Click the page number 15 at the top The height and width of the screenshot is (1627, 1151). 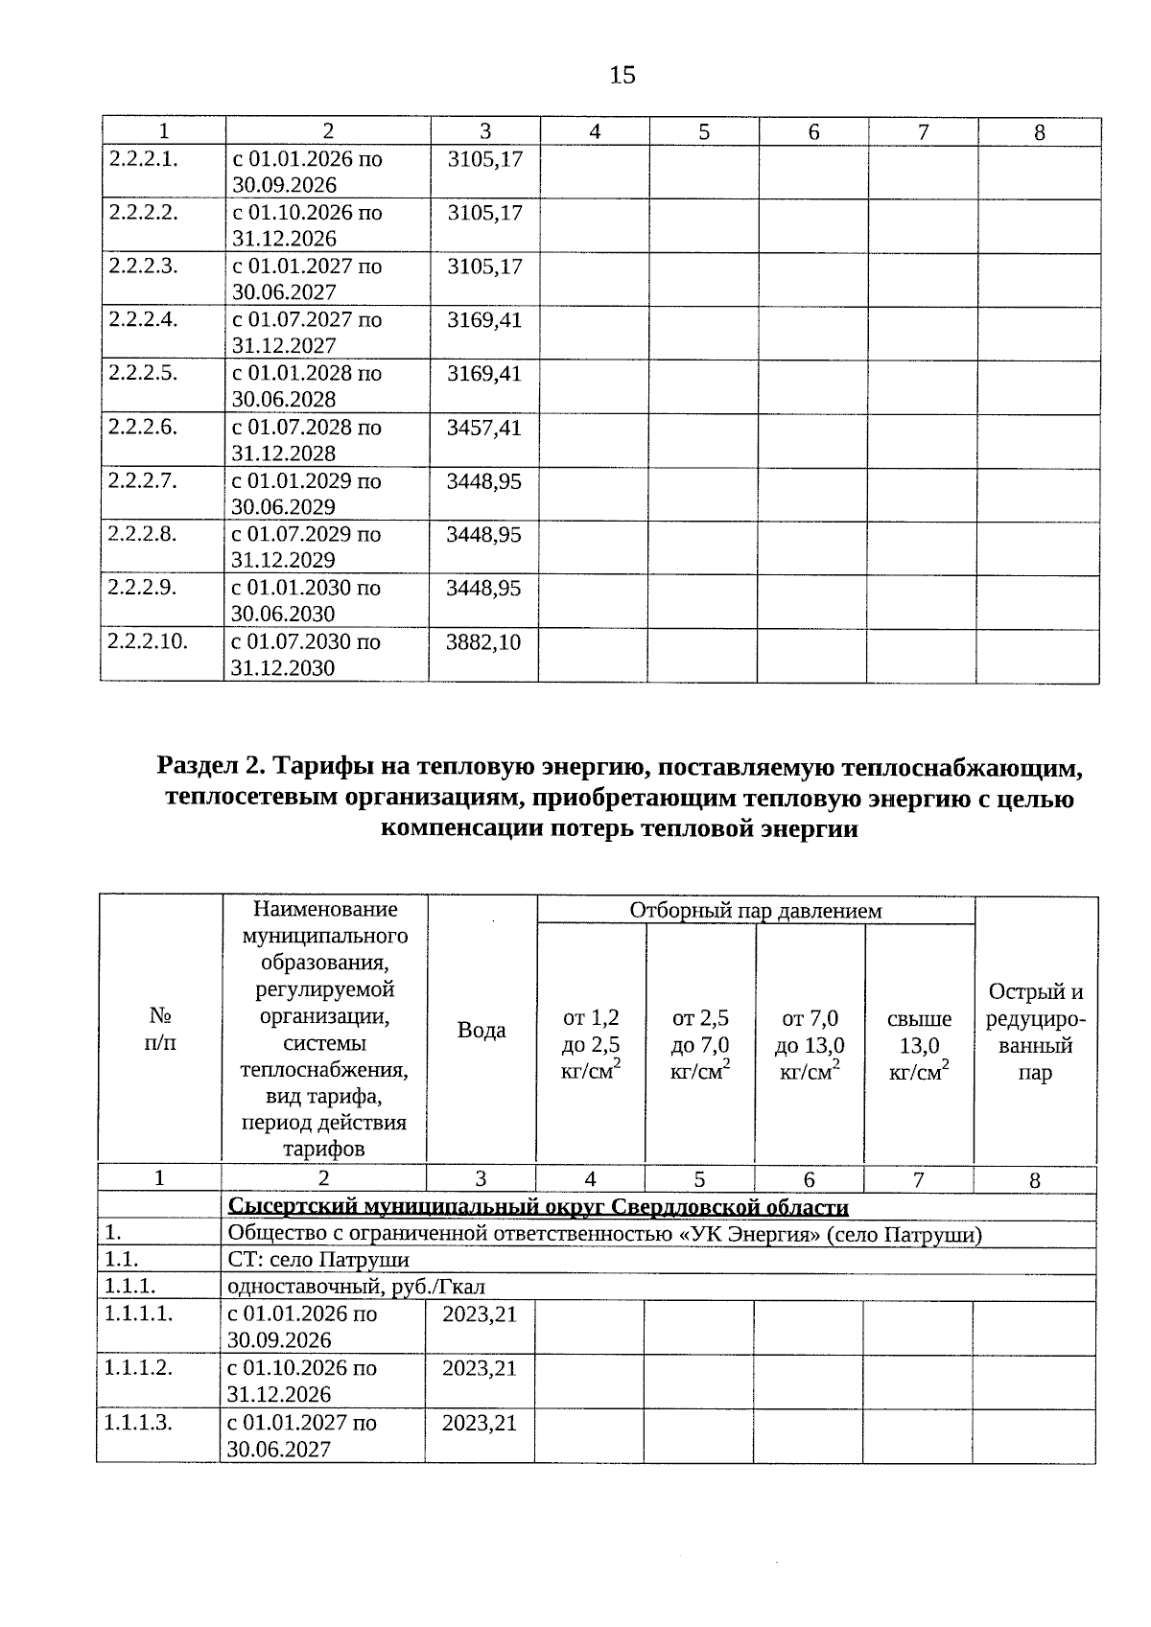click(622, 75)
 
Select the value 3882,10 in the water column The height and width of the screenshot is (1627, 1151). click(483, 642)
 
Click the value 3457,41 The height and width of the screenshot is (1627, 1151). click(483, 428)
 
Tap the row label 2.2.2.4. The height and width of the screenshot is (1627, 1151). click(143, 319)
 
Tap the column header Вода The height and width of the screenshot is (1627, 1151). click(482, 1030)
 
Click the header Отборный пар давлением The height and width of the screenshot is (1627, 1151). click(755, 910)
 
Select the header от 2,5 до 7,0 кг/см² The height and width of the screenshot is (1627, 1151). click(700, 1045)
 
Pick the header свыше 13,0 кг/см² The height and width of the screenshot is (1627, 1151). click(919, 1045)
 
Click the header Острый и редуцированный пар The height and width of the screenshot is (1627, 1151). click(1035, 1032)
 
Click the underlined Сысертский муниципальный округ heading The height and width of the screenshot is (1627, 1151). click(537, 1207)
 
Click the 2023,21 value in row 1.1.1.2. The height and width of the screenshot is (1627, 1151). click(479, 1368)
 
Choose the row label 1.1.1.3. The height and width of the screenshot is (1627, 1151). click(139, 1422)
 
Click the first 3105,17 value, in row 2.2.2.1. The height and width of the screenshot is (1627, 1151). click(484, 159)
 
